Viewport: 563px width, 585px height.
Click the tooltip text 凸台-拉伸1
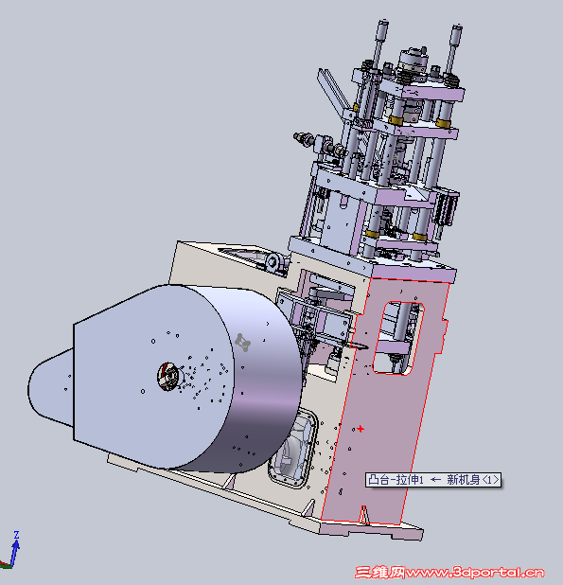point(396,480)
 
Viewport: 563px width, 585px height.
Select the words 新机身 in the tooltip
point(464,480)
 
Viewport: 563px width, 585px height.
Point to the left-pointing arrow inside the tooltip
point(435,480)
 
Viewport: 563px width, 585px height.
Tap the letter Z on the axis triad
point(16,535)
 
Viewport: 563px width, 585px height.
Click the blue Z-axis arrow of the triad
point(15,553)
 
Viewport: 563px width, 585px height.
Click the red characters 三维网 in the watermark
point(379,572)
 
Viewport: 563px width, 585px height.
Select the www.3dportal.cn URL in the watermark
point(475,572)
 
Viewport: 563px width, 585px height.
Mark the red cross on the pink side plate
point(361,429)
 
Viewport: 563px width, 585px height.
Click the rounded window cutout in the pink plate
point(398,338)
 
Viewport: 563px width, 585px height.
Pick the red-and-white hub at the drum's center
point(167,377)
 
